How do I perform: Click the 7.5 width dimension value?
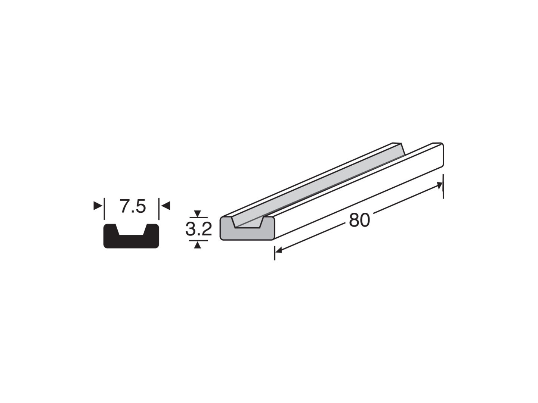coord(133,206)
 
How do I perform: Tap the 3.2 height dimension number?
coord(198,229)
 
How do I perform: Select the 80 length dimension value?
coord(359,220)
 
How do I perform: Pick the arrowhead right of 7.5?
coord(166,206)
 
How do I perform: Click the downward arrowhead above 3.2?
coord(197,213)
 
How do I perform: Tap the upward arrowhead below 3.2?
coord(197,245)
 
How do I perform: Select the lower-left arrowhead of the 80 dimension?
coord(279,250)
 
